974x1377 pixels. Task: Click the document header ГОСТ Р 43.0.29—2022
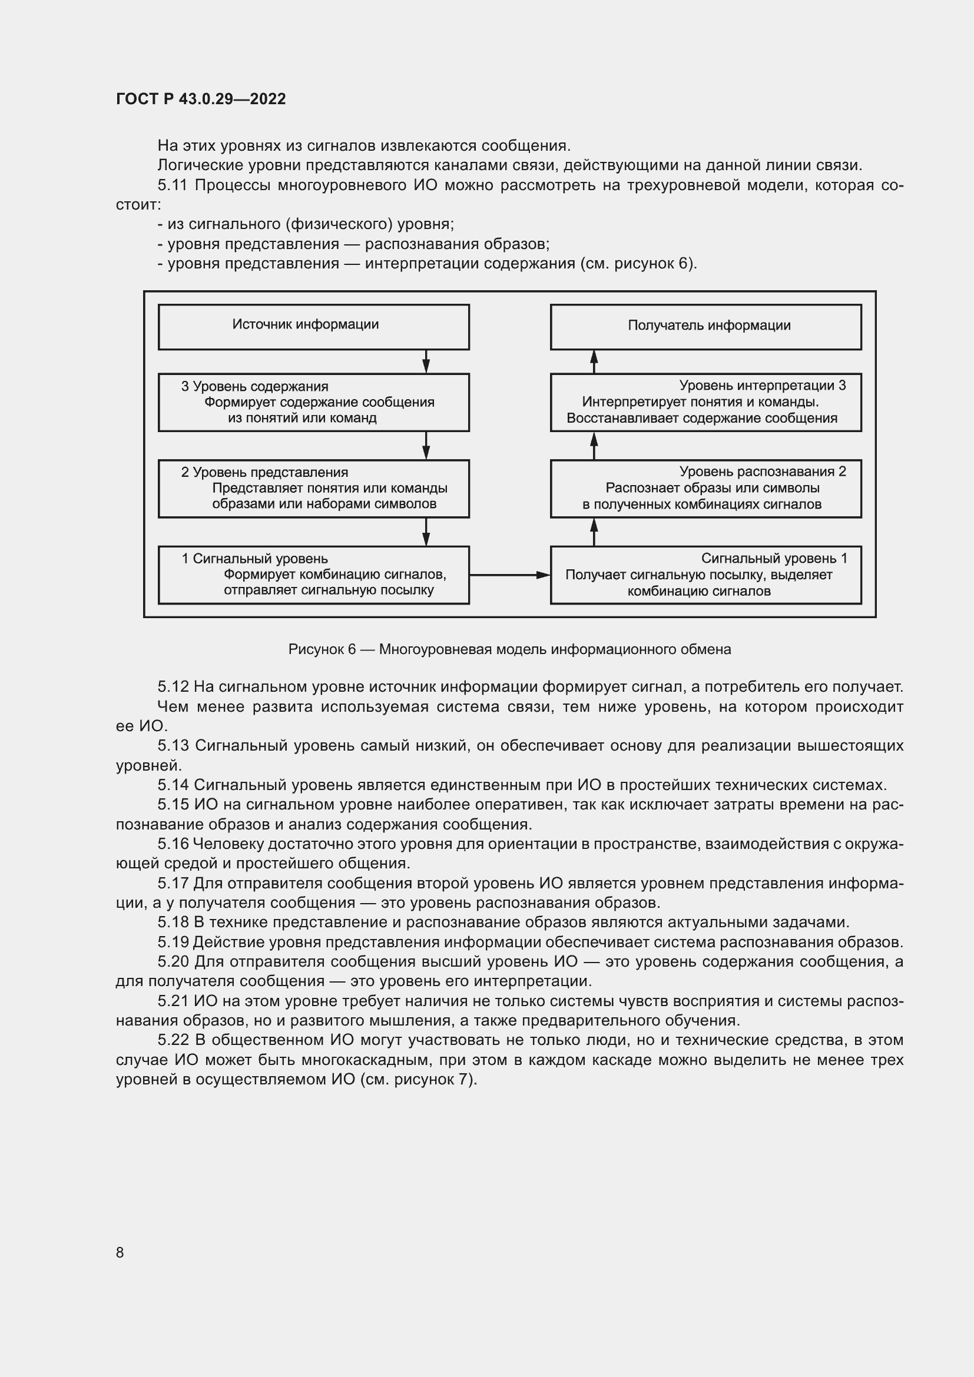201,99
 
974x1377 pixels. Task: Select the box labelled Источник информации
313,326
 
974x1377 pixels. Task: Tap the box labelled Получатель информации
705,326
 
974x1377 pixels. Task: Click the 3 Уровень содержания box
313,403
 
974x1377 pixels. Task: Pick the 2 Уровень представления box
313,488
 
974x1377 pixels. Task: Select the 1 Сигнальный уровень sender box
313,575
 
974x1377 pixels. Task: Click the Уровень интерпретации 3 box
705,403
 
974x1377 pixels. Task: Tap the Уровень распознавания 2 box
705,488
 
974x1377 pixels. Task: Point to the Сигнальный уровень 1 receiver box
705,575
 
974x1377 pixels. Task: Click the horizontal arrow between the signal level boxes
509,575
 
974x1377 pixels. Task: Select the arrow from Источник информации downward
426,361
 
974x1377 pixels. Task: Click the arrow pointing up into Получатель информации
594,361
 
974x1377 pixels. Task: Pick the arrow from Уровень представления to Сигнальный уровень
426,532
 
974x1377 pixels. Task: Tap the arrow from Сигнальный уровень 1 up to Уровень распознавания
594,532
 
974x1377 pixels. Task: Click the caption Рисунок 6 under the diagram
509,649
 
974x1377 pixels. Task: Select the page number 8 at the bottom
120,1252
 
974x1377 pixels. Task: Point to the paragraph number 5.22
174,1040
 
